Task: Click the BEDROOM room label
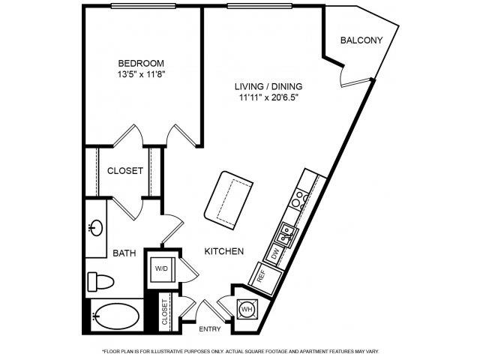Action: point(141,63)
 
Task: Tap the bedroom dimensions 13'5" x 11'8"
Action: point(142,74)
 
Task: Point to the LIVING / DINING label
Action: point(268,86)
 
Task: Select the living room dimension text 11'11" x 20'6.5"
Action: point(268,97)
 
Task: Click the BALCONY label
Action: point(361,40)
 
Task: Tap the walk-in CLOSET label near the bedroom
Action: point(125,170)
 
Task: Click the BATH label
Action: point(124,253)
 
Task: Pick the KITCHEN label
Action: point(224,251)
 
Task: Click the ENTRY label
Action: point(210,329)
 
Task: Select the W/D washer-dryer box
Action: point(162,269)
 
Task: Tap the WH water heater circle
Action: point(247,309)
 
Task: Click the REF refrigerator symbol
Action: point(265,277)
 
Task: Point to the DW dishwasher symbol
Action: point(275,253)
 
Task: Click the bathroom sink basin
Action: point(97,228)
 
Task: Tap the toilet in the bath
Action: point(100,282)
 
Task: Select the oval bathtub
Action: point(116,316)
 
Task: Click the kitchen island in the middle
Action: point(229,200)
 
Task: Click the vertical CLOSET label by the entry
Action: point(165,312)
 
